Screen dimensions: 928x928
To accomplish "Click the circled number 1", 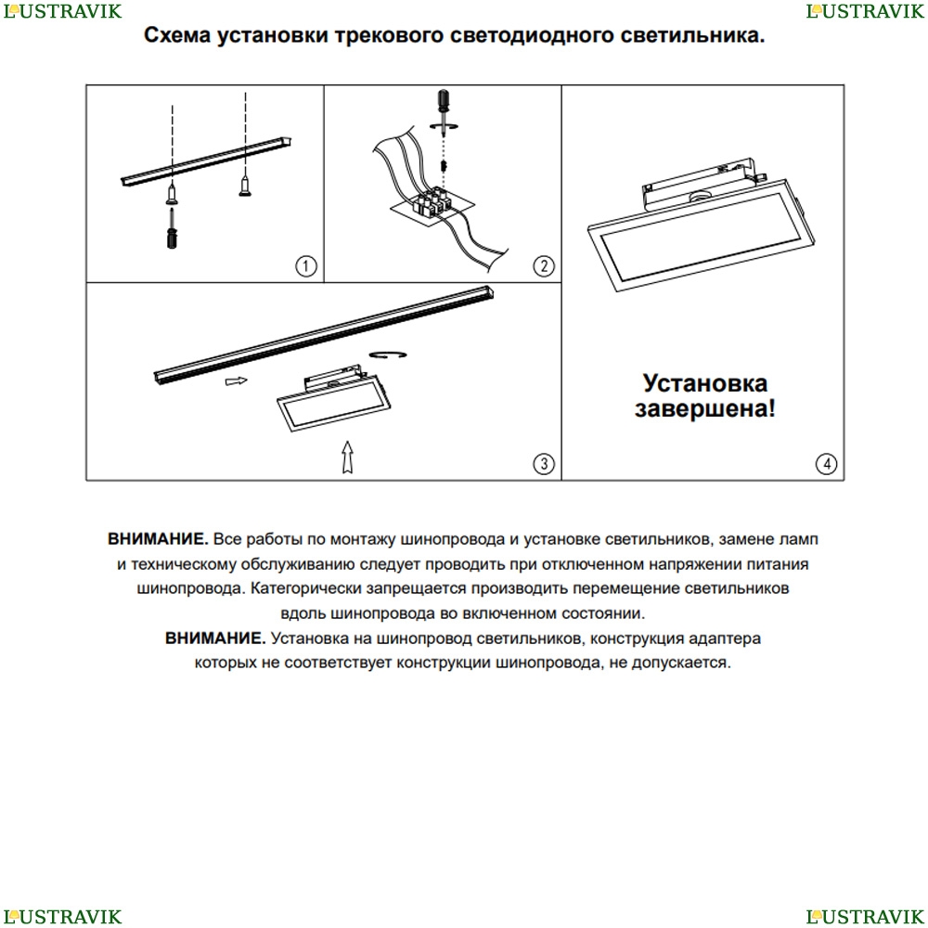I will coord(306,266).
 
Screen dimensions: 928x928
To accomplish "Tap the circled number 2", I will coord(544,266).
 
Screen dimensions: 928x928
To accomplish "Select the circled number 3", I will coord(544,463).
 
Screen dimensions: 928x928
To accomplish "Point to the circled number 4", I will coord(826,463).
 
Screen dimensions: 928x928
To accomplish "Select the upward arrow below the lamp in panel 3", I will coord(346,457).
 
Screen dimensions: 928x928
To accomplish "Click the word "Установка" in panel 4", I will coord(706,382).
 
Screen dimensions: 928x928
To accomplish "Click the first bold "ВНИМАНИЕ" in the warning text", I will coord(157,539).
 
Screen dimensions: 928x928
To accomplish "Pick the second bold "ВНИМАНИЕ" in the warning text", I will coord(214,638).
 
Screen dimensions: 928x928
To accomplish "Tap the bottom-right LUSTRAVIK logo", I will coord(866,917).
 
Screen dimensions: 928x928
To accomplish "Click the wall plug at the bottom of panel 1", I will coord(173,228).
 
